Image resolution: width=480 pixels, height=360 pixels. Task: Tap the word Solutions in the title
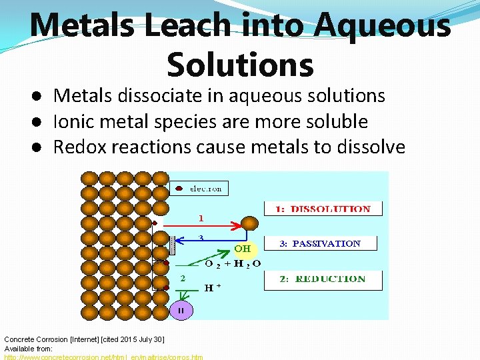pos(240,64)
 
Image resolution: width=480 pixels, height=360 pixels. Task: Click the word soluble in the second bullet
pos(337,121)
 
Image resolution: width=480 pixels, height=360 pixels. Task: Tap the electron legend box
pos(198,189)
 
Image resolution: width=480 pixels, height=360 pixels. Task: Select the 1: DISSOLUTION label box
pos(323,209)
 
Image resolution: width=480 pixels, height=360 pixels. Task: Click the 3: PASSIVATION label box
pos(323,244)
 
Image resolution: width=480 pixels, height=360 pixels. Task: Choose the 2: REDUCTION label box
pos(323,279)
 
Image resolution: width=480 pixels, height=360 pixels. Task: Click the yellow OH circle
pos(243,249)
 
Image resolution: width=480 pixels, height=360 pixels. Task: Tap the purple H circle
pos(180,310)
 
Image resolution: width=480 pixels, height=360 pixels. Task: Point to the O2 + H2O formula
pos(232,263)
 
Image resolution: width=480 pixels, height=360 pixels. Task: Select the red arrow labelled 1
pos(200,225)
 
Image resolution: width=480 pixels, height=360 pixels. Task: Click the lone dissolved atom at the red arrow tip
pos(249,224)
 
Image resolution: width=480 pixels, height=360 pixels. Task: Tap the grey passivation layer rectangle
pos(171,245)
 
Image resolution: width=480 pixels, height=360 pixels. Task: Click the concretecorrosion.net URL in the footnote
pos(103,357)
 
